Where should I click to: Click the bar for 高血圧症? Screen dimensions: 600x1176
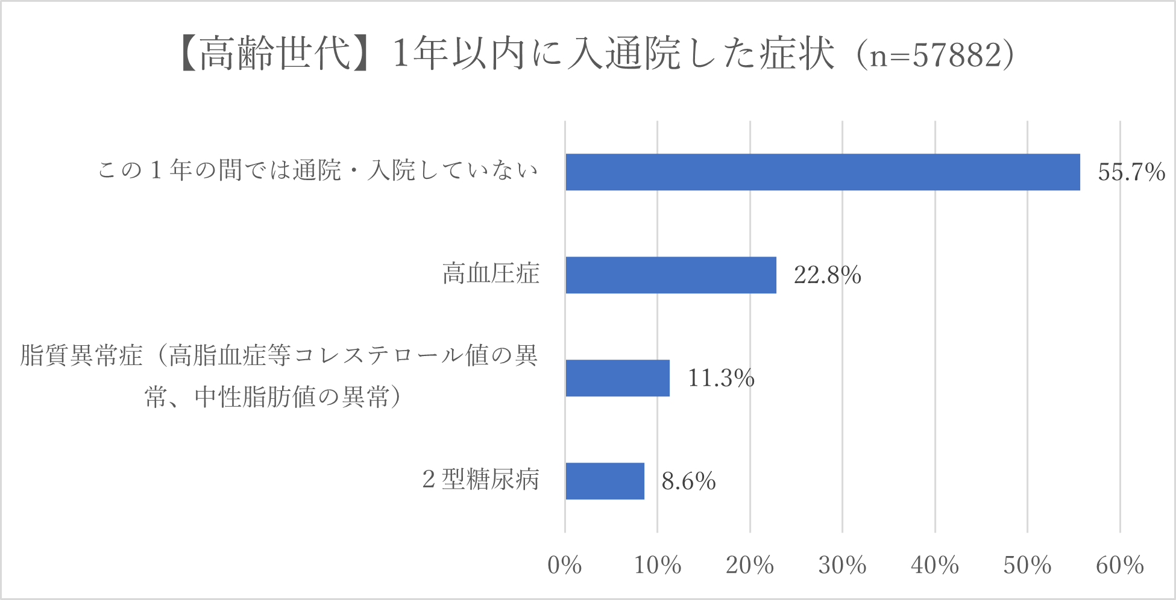[670, 275]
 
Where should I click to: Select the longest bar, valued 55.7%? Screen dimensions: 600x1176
[822, 172]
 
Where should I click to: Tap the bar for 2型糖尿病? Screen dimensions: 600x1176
[605, 481]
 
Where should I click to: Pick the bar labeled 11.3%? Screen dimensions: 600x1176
[617, 378]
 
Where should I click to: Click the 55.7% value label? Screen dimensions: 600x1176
[1131, 172]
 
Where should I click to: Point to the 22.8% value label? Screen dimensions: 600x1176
[827, 275]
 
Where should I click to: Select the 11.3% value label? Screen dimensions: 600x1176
[721, 378]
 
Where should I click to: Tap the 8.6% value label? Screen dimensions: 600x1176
[688, 481]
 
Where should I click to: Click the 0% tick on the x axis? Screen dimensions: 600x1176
[564, 565]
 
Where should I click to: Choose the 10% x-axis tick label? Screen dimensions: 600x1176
[657, 565]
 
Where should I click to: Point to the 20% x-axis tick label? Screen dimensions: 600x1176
[749, 565]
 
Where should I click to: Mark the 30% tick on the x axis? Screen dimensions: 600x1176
[842, 565]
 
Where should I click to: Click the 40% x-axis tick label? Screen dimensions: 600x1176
[934, 565]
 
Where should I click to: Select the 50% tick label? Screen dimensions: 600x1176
[1027, 565]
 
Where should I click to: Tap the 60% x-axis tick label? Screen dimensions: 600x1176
[1119, 565]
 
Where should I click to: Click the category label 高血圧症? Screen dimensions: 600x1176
[491, 274]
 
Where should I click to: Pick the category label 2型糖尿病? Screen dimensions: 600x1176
[480, 480]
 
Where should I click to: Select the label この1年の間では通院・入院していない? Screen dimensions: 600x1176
[318, 170]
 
